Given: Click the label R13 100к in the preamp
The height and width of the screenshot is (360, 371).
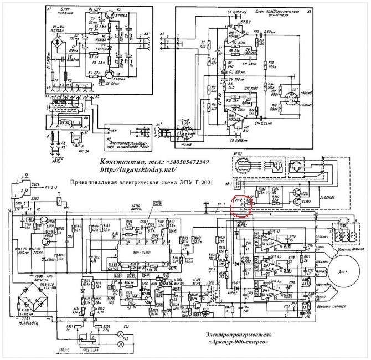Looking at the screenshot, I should tap(271, 64).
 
